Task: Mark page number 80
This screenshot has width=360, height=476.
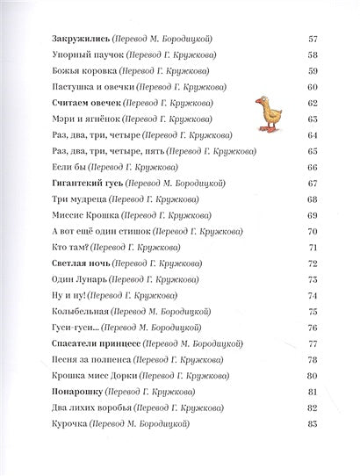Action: pyautogui.click(x=313, y=374)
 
